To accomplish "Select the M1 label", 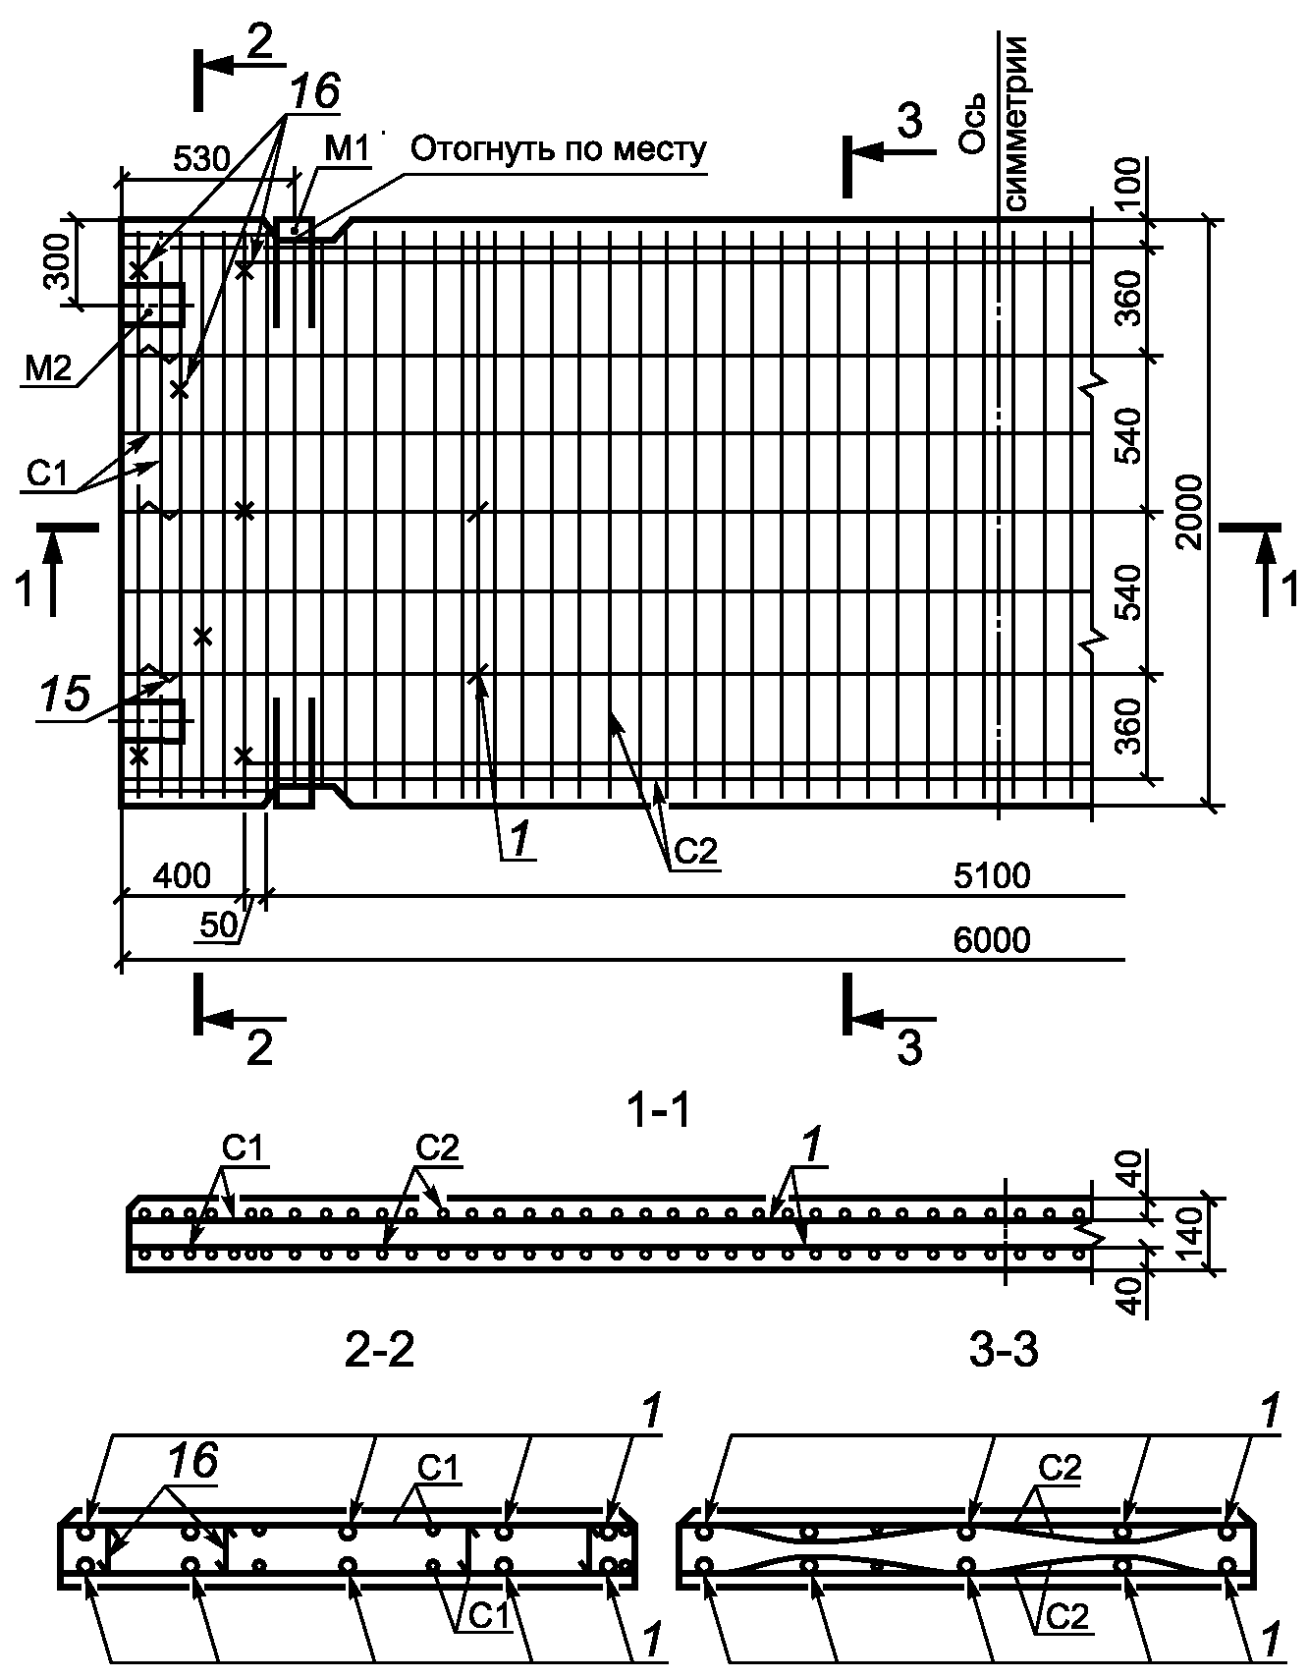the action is (347, 149).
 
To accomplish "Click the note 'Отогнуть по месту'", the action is (558, 149).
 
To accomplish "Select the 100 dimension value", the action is (1130, 181).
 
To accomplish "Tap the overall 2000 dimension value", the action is (1189, 512).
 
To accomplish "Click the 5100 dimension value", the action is (992, 875).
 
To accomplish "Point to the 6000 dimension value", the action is (992, 940).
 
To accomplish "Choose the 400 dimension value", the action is (183, 875).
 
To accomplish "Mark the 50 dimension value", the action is (219, 924).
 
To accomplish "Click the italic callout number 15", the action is (65, 694).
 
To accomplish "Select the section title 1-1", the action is (658, 1111).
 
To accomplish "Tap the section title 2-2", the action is (379, 1352).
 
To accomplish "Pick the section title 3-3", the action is (1003, 1352).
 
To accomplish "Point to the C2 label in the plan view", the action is (694, 852).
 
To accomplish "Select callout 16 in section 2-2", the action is (192, 1461).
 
